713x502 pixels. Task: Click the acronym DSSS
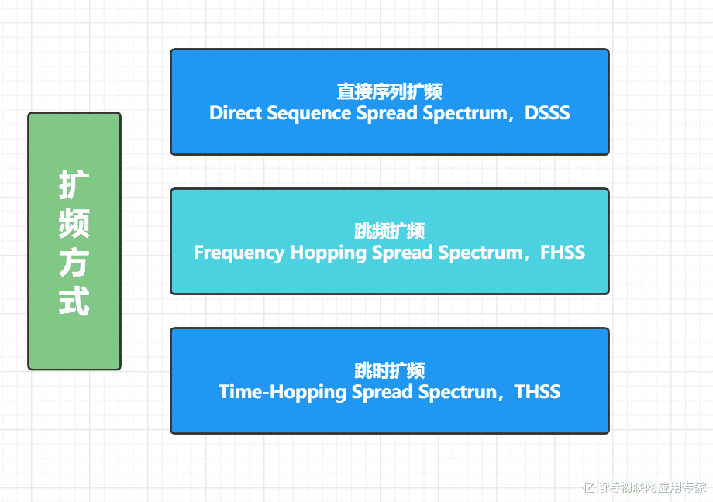[547, 113]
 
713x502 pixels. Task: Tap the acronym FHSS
[562, 253]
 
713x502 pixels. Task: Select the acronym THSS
[537, 392]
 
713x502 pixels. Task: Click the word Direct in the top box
[236, 113]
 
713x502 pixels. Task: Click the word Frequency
[239, 253]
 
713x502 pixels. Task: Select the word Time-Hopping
[282, 393]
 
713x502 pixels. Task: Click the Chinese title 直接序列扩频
[389, 91]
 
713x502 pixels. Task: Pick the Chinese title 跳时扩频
[389, 370]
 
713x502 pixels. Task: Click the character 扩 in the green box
[74, 184]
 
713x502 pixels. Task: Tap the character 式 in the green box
[74, 301]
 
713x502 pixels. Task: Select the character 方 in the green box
[74, 262]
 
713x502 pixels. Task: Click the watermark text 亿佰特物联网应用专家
[645, 487]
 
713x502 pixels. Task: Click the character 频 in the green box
[74, 223]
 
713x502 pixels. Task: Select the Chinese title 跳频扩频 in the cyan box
[389, 231]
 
